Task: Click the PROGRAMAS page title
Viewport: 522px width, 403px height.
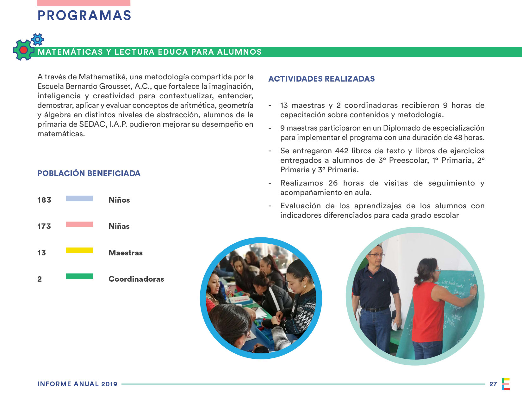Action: click(x=84, y=15)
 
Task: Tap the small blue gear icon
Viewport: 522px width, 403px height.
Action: click(x=38, y=40)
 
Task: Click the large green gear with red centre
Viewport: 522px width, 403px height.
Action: click(x=23, y=50)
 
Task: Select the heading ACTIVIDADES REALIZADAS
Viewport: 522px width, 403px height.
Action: click(x=321, y=79)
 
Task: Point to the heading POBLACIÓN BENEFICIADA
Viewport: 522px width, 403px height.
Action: click(x=89, y=173)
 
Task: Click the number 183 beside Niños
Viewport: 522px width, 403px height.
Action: click(x=44, y=200)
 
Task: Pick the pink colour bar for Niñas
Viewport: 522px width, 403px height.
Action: click(x=79, y=224)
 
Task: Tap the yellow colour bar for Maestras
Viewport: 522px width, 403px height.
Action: click(x=79, y=250)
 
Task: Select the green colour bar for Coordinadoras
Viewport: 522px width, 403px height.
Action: click(x=79, y=276)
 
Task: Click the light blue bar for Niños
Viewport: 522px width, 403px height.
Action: click(x=79, y=198)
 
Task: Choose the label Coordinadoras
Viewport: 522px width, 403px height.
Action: click(x=136, y=279)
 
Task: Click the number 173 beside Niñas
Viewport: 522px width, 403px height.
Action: click(x=44, y=226)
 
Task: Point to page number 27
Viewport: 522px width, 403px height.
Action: click(x=493, y=384)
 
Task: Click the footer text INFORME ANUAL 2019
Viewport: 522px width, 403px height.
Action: click(x=78, y=384)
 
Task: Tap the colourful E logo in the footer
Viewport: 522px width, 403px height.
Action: click(x=506, y=384)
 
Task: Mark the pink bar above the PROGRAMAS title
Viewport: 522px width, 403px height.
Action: click(x=84, y=3)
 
